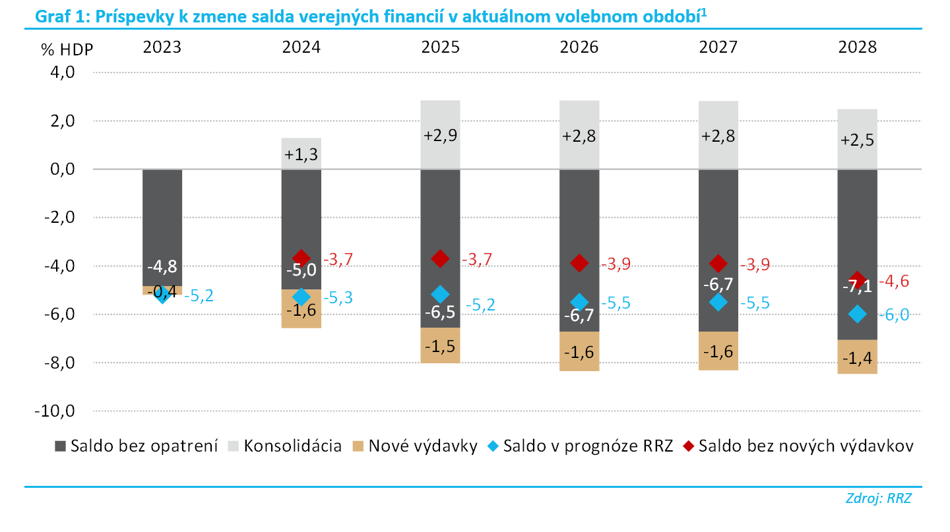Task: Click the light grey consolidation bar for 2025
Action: tap(440, 134)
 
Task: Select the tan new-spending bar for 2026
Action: tap(579, 351)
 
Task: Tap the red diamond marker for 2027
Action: tap(718, 263)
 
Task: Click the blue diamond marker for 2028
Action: tap(858, 314)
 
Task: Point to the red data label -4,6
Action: tap(894, 281)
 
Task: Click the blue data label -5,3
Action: tap(338, 297)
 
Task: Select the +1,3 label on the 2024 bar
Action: tap(301, 154)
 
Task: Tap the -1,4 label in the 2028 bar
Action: tap(857, 359)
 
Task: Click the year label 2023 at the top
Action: tap(162, 47)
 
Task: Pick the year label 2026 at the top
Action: tap(579, 47)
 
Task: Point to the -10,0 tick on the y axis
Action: tap(55, 411)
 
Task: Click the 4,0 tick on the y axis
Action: tap(62, 72)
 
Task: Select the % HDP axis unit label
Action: tap(67, 49)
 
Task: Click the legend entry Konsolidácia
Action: tap(284, 446)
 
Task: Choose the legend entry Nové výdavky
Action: tap(415, 446)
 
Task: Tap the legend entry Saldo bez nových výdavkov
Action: tap(798, 446)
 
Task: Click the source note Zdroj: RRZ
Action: tap(878, 498)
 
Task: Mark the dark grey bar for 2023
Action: tap(162, 227)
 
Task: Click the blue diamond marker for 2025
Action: tap(440, 294)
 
